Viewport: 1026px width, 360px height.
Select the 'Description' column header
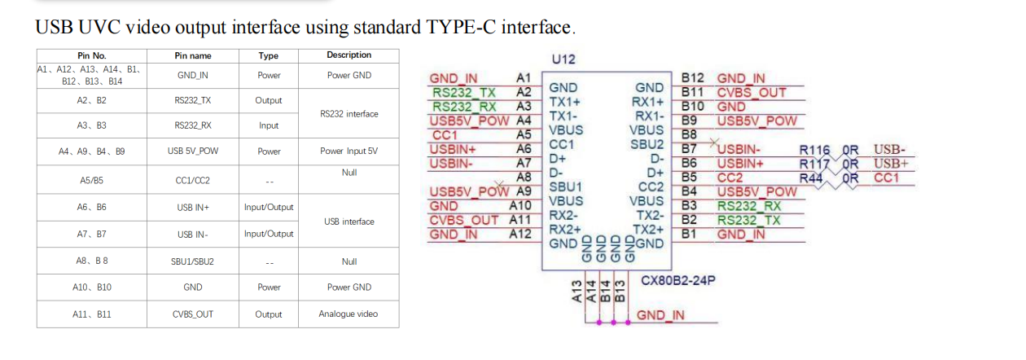[x=349, y=55]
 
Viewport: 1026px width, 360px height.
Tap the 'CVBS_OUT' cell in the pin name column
[x=193, y=314]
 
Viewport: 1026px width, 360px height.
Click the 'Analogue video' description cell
[x=349, y=314]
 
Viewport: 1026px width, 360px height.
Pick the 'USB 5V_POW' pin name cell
[x=193, y=151]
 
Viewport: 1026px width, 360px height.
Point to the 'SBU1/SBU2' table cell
[x=193, y=261]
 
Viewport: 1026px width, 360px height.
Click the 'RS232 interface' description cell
[x=349, y=114]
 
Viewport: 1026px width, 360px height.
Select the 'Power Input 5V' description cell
[x=349, y=151]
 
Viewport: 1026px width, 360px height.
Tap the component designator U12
[x=563, y=59]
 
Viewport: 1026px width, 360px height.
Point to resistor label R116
[x=815, y=150]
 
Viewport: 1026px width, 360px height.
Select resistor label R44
[x=811, y=178]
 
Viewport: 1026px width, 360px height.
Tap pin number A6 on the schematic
[x=524, y=148]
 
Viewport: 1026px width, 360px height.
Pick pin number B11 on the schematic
[x=693, y=92]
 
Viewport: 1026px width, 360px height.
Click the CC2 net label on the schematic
[x=730, y=178]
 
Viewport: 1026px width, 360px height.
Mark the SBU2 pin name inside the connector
[x=647, y=144]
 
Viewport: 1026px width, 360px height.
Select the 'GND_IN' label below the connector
[x=660, y=315]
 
